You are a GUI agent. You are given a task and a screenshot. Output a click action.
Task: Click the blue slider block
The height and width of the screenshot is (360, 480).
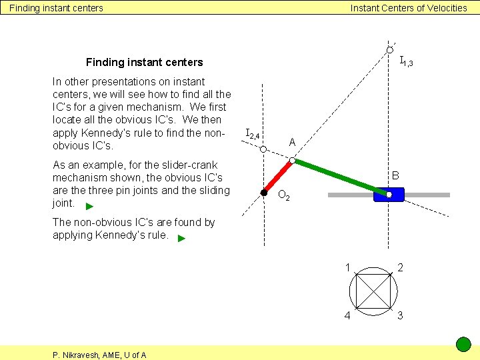click(x=389, y=195)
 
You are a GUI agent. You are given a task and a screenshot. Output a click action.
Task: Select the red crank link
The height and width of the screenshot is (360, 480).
click(x=278, y=177)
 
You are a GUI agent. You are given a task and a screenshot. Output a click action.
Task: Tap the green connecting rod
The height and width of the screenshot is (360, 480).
click(x=340, y=177)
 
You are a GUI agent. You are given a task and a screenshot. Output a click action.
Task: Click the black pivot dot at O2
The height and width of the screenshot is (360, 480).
click(x=264, y=193)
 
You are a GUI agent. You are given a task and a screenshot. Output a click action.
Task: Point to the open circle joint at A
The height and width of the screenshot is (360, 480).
click(x=293, y=160)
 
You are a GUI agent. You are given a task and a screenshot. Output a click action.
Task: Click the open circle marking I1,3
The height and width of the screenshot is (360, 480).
click(x=389, y=51)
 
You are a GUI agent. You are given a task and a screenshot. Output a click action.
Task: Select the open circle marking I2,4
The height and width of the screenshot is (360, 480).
click(x=263, y=149)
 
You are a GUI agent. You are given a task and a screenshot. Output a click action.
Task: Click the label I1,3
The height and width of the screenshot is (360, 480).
click(x=406, y=62)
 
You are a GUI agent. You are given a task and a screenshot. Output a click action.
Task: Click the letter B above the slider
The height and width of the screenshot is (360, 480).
click(x=395, y=176)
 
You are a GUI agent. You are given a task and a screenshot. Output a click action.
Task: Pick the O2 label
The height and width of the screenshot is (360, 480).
click(x=283, y=196)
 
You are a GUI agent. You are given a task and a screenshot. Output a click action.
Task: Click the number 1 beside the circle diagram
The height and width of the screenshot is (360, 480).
click(x=347, y=267)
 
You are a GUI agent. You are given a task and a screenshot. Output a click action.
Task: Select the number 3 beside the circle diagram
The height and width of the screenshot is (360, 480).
click(x=400, y=315)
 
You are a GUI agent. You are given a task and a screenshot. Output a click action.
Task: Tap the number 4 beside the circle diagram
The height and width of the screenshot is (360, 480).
click(x=347, y=315)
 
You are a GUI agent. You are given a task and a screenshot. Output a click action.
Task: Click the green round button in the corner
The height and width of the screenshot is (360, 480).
click(x=463, y=344)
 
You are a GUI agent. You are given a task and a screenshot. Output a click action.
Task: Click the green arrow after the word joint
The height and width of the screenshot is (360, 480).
click(x=90, y=206)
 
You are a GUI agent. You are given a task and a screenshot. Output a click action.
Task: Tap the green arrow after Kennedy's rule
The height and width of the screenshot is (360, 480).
click(x=182, y=237)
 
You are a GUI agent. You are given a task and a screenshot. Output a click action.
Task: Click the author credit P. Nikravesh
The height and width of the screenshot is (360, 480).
click(x=99, y=355)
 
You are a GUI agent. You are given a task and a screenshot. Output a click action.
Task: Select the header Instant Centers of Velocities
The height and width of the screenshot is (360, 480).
click(x=409, y=8)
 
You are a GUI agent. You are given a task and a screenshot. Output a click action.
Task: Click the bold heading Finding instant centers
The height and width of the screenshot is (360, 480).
click(x=144, y=62)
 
